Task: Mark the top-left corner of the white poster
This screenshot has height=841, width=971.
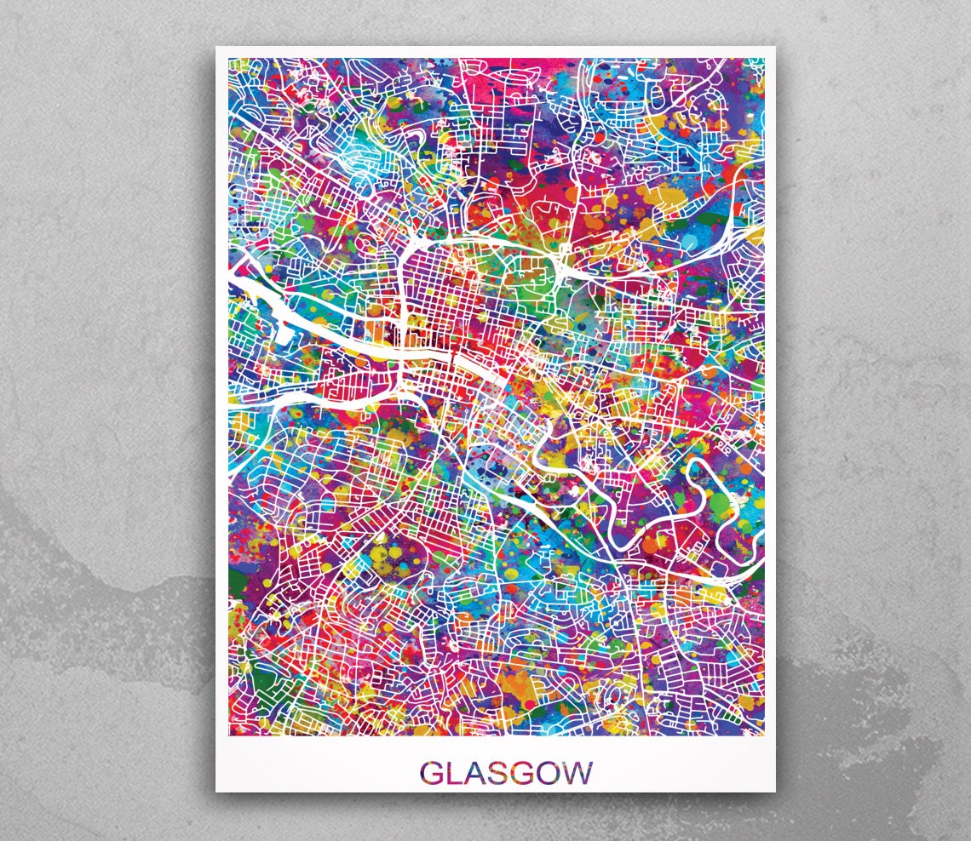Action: tap(216, 47)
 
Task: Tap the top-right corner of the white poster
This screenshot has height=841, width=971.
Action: tap(775, 47)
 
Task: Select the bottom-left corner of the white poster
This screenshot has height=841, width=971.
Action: tap(216, 792)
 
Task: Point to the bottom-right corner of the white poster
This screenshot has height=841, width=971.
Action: tap(775, 792)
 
